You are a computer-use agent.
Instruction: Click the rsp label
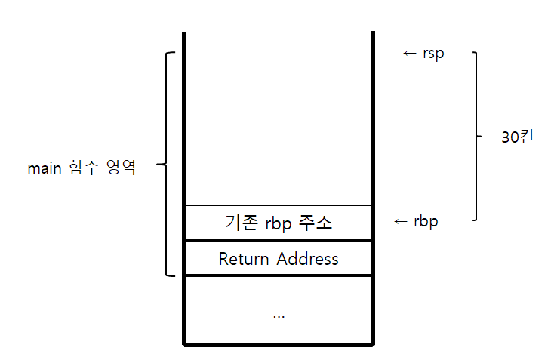(x=433, y=54)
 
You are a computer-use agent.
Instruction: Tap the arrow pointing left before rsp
(x=410, y=54)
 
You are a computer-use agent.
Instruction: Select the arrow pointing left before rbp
(x=402, y=221)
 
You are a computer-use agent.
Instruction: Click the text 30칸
(x=516, y=137)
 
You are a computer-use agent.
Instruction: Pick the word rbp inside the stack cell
(x=279, y=223)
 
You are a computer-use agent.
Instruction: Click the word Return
(x=244, y=259)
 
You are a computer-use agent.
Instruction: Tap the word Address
(x=307, y=259)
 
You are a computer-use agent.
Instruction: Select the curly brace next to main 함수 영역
(x=168, y=164)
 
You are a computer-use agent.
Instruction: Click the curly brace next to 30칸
(x=476, y=137)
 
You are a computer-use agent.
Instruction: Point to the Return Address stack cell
(x=279, y=259)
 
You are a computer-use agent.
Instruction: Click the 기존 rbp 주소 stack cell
(x=279, y=223)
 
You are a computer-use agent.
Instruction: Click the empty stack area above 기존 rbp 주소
(x=279, y=121)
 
